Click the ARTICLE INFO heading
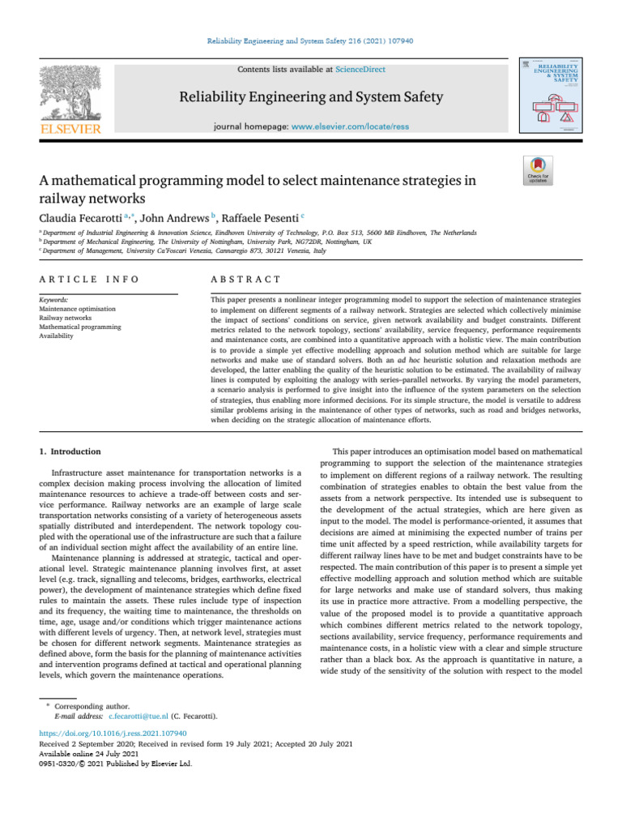coord(88,280)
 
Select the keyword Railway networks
coord(66,319)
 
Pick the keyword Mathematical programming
coord(79,327)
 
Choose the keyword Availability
coord(56,336)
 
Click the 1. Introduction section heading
coord(70,451)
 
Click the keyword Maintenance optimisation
coord(77,310)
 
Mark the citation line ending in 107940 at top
coord(310,41)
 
